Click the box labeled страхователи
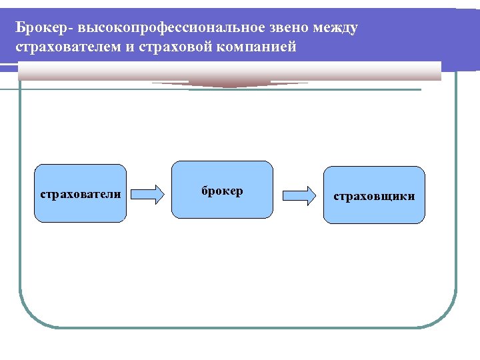[x=81, y=193]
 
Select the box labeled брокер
[x=222, y=189]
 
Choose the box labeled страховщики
[x=374, y=194]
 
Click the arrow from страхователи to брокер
[x=147, y=194]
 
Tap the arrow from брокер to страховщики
[x=299, y=194]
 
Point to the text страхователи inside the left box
[x=81, y=194]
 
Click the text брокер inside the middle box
[x=222, y=191]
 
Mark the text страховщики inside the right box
[x=374, y=196]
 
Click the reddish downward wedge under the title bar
[x=229, y=84]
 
